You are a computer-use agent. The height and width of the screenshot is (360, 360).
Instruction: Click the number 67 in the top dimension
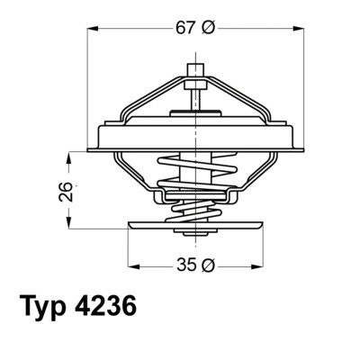click(x=185, y=28)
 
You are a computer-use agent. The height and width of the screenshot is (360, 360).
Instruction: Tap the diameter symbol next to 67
click(x=209, y=28)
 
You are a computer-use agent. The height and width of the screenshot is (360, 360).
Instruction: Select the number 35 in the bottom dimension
click(x=185, y=265)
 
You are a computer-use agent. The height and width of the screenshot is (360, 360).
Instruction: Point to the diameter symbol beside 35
click(x=209, y=265)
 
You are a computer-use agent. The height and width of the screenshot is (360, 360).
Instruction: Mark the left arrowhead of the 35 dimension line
click(x=131, y=265)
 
